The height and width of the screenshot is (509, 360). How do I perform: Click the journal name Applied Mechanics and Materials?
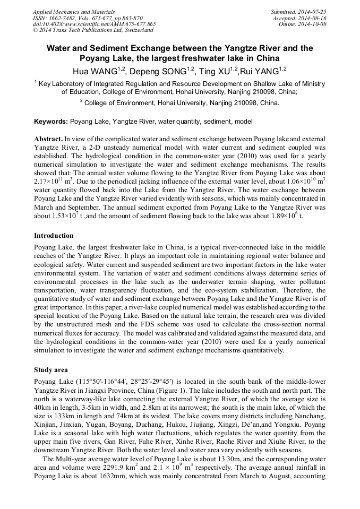click(x=66, y=11)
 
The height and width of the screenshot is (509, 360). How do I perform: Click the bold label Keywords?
click(x=51, y=122)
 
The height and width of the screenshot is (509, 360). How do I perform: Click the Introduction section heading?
click(x=54, y=235)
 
